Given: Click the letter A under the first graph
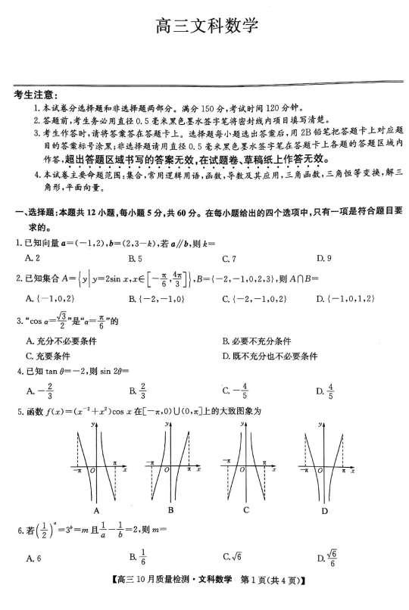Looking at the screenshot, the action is [97, 509].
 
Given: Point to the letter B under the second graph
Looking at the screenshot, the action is [171, 509].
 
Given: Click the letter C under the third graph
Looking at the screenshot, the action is [246, 509].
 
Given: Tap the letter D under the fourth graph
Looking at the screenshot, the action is [324, 511].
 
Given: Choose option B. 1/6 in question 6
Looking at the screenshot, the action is [138, 559].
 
